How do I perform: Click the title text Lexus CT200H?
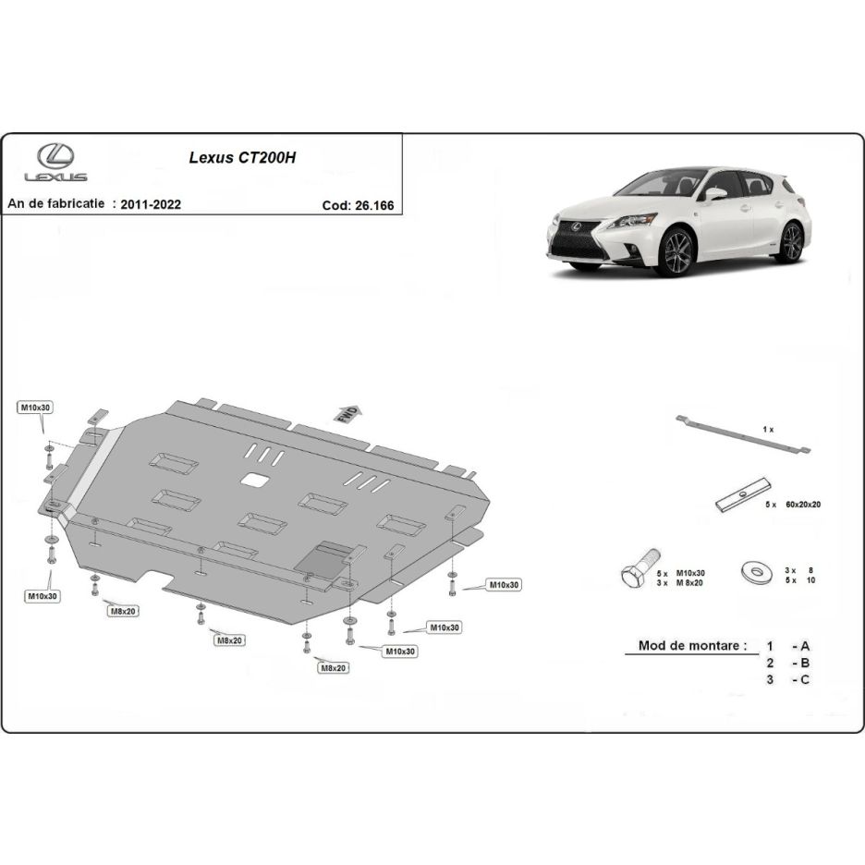coord(242,158)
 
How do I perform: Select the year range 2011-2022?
coord(151,204)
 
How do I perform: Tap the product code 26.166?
coord(374,205)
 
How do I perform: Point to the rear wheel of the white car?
coord(791,241)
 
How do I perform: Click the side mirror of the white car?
coord(715,194)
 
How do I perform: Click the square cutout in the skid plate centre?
coord(254,480)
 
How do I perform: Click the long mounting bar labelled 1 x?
coord(743,435)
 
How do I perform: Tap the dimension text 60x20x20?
coord(802,505)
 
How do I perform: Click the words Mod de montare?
coord(692,645)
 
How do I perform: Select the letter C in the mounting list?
coord(804,679)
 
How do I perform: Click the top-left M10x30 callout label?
coord(35,408)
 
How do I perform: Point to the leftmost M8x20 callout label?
coord(123,611)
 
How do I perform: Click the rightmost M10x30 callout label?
coord(504,584)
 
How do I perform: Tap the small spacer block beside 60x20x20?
coord(742,494)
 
